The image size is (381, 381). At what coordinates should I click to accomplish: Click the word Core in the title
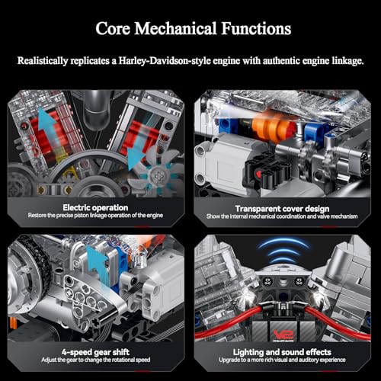pyautogui.click(x=113, y=28)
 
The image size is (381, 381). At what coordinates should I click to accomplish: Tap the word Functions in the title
pyautogui.click(x=256, y=28)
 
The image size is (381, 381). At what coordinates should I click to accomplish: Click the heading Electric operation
pyautogui.click(x=95, y=207)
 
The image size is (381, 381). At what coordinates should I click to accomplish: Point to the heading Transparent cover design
pyautogui.click(x=282, y=209)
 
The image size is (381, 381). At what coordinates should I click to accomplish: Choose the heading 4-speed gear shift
pyautogui.click(x=95, y=352)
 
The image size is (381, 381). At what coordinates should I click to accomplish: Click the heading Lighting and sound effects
pyautogui.click(x=282, y=352)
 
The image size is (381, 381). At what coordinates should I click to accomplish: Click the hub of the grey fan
pyautogui.click(x=158, y=176)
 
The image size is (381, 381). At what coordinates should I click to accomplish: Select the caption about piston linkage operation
pyautogui.click(x=95, y=216)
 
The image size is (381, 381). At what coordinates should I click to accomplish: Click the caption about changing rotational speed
pyautogui.click(x=95, y=360)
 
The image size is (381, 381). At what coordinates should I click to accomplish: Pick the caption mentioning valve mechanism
pyautogui.click(x=282, y=216)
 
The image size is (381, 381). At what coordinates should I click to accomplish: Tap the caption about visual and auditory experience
pyautogui.click(x=282, y=360)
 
